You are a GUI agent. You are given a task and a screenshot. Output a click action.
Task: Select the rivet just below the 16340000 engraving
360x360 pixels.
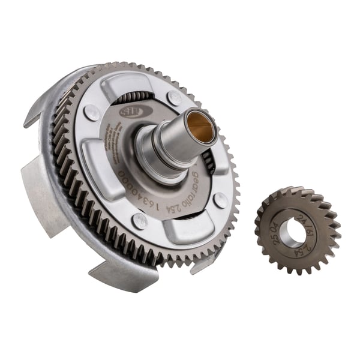(139, 221)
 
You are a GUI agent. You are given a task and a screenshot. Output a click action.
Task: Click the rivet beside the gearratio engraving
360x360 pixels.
(220, 200)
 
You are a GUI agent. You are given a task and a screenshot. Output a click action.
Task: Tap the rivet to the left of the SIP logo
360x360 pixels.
(92, 112)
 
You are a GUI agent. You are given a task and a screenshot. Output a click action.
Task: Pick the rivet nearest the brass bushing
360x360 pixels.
(174, 97)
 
